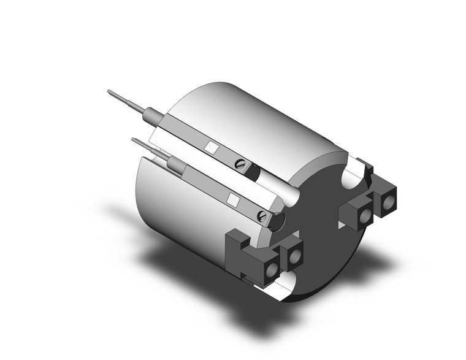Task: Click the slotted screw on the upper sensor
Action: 240,164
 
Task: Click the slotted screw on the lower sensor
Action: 264,215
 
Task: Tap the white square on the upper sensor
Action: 211,147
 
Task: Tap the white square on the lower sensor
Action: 234,199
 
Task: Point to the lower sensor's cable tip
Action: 134,140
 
